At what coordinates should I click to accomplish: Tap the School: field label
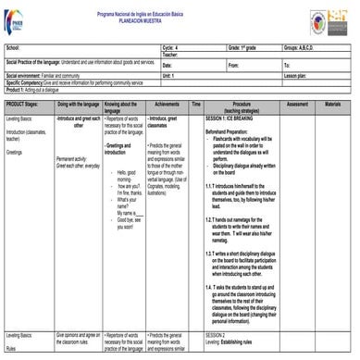[13, 45]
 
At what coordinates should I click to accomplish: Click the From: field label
[233, 66]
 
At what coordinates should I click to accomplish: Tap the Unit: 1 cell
[171, 75]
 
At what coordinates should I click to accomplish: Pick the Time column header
[196, 105]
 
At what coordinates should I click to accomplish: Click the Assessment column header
[298, 105]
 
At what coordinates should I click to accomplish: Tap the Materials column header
[333, 105]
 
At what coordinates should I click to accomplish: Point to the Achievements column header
[168, 105]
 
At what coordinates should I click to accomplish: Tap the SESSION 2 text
[216, 334]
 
